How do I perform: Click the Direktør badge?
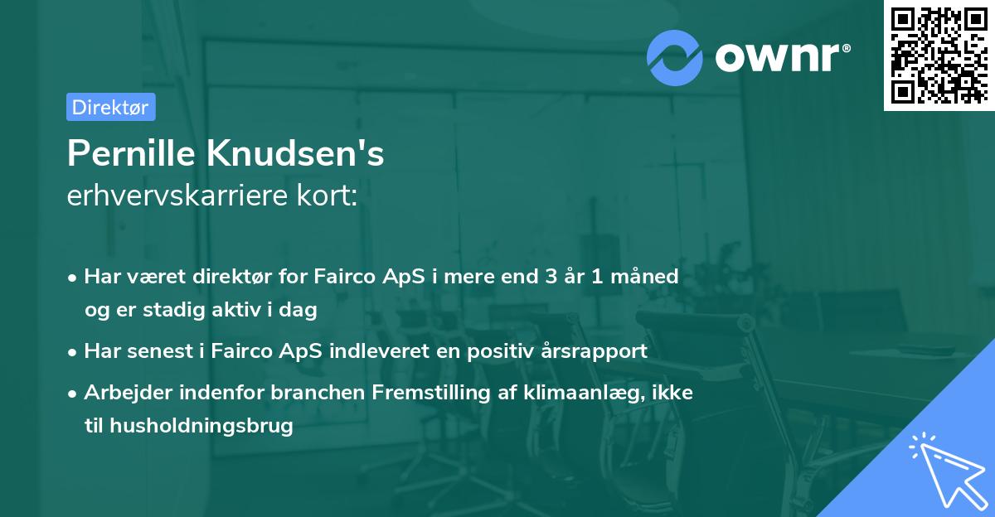coord(110,107)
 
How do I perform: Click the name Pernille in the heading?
coord(133,154)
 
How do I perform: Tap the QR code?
coord(939,55)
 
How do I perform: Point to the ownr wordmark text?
coord(782,58)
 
